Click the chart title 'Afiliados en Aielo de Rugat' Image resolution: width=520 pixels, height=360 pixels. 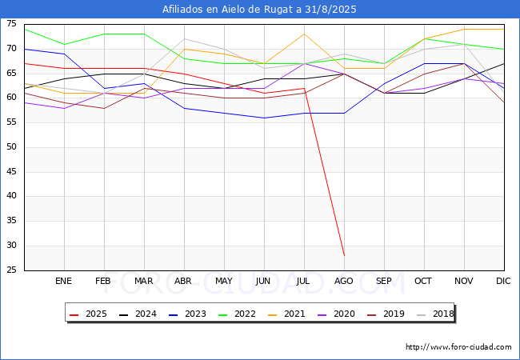[259, 10]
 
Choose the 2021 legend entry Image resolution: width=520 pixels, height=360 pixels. [287, 314]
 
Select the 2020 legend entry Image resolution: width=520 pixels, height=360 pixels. [335, 314]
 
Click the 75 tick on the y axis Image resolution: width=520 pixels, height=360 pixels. [12, 24]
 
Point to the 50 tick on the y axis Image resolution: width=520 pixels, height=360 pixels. [12, 147]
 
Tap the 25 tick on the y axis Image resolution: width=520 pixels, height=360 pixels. [12, 270]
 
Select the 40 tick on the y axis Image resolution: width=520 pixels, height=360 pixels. [12, 197]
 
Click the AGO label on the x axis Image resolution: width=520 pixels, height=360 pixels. [344, 282]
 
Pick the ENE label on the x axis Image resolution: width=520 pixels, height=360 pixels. [64, 282]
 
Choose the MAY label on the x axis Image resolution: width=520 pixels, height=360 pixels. [224, 282]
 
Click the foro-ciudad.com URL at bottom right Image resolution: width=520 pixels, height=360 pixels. [458, 347]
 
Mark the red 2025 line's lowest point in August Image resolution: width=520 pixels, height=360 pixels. [344, 256]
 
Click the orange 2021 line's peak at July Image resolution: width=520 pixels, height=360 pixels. [304, 34]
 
